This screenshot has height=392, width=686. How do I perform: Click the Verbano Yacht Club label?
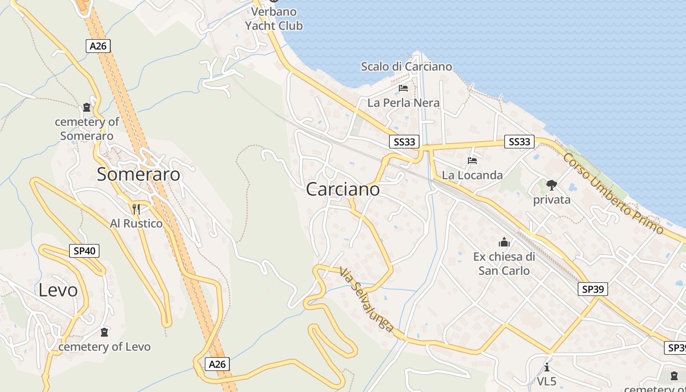point(274,19)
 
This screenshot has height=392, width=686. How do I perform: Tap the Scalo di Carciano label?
point(406,67)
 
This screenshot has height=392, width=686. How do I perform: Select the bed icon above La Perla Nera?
point(403,88)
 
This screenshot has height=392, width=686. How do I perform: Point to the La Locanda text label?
point(472,175)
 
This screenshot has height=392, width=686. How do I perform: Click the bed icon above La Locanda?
point(472,160)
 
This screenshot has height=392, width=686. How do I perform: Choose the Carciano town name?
point(343,189)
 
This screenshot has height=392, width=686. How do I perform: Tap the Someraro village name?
point(139,174)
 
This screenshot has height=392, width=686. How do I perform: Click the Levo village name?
point(58,290)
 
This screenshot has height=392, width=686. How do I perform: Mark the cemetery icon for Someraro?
point(87,107)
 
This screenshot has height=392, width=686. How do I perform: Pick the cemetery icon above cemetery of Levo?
point(104,332)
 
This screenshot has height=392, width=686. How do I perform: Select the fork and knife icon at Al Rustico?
point(136,209)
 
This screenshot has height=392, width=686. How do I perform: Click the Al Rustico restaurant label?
point(136,223)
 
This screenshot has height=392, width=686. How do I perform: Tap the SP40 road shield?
point(84,251)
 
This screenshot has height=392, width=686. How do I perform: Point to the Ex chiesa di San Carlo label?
point(504,264)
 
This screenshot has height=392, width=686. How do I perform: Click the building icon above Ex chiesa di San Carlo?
point(504,242)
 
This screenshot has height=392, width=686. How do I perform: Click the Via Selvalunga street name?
point(366,299)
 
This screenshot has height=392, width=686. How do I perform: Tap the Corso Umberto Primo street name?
point(612,194)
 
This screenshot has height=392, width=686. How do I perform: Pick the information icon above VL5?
point(547,367)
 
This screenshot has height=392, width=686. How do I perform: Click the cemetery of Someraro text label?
point(87,129)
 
